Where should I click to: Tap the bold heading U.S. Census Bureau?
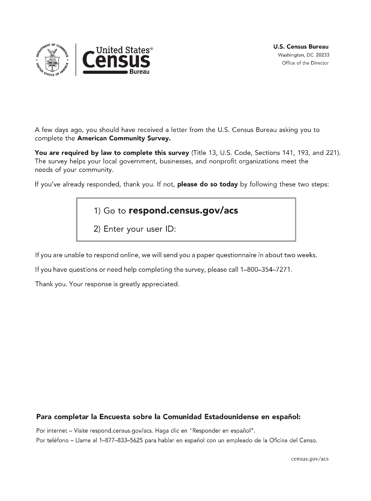[x=301, y=47]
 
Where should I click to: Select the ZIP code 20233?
[x=323, y=55]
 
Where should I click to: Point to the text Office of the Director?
[x=305, y=63]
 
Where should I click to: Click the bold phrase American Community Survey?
[x=124, y=138]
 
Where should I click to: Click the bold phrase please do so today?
[x=207, y=184]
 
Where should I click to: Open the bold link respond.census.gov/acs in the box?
[x=183, y=210]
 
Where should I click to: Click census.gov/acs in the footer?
[x=310, y=459]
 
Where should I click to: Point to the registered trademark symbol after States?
[x=152, y=49]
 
